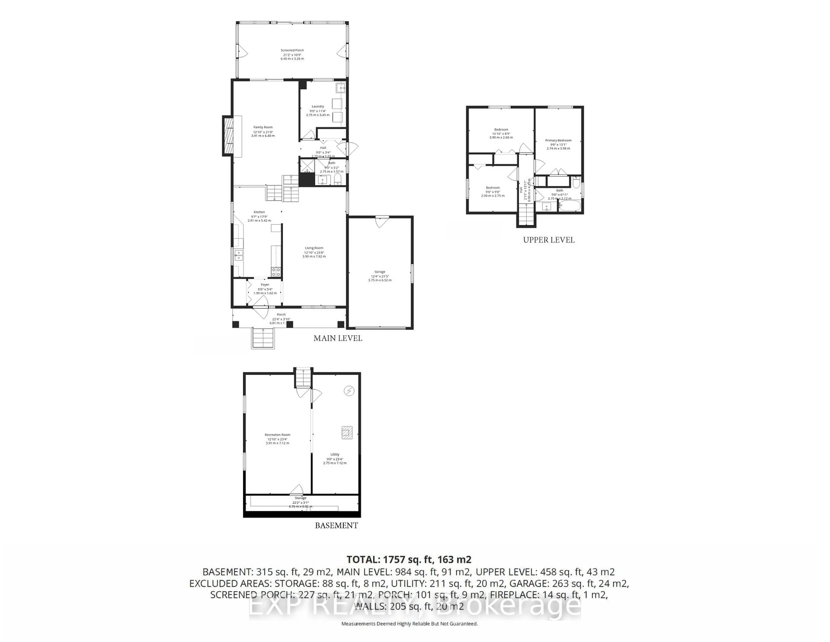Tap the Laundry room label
[318, 106]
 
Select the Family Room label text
[263, 127]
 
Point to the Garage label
[380, 271]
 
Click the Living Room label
[314, 248]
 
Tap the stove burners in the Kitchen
[276, 271]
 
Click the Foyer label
[265, 284]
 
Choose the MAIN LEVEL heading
[337, 338]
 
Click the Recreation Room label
[278, 435]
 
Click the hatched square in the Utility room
[346, 432]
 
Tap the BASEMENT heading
[336, 526]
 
